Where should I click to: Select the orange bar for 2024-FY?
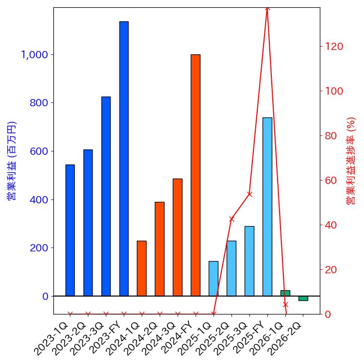pos(196,175)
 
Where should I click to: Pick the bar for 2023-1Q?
pos(70,230)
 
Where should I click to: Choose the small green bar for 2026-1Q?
pos(285,293)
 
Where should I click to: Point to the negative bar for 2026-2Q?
pos(303,298)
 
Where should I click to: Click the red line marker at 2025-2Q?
pos(232,219)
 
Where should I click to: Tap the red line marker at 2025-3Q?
pos(249,194)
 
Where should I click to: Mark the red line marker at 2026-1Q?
pos(285,305)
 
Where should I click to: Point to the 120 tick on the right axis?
pos(334,47)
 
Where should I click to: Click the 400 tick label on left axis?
pos(39,199)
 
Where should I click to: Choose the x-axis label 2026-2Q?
pos(292,335)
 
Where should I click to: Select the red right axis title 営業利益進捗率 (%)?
pos(351,161)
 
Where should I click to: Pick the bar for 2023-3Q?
pos(106,196)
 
